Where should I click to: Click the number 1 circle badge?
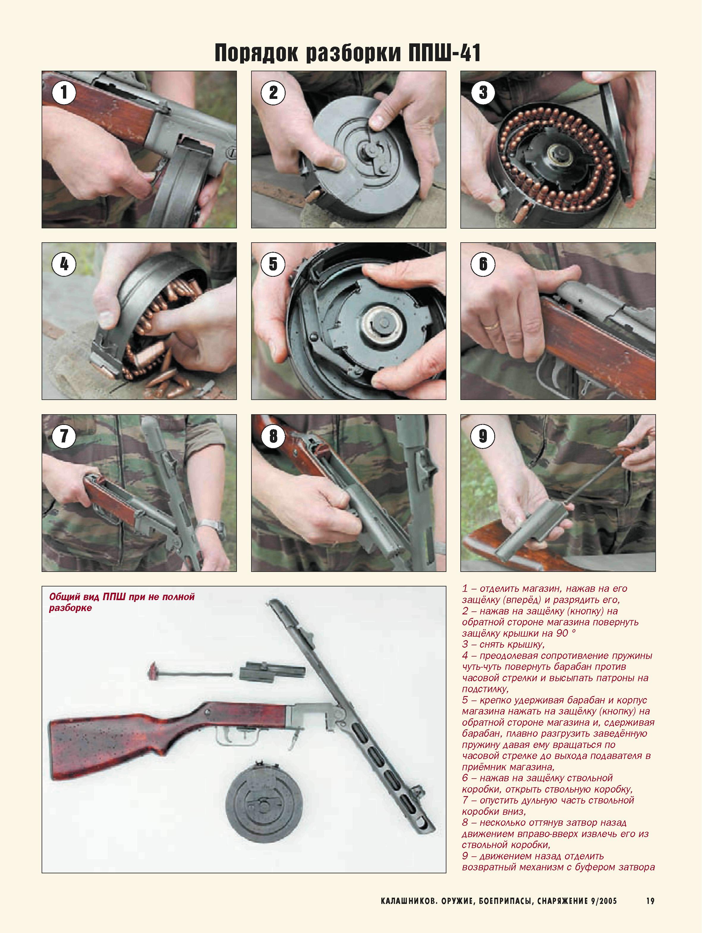64,92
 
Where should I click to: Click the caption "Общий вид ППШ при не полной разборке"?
122,602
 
